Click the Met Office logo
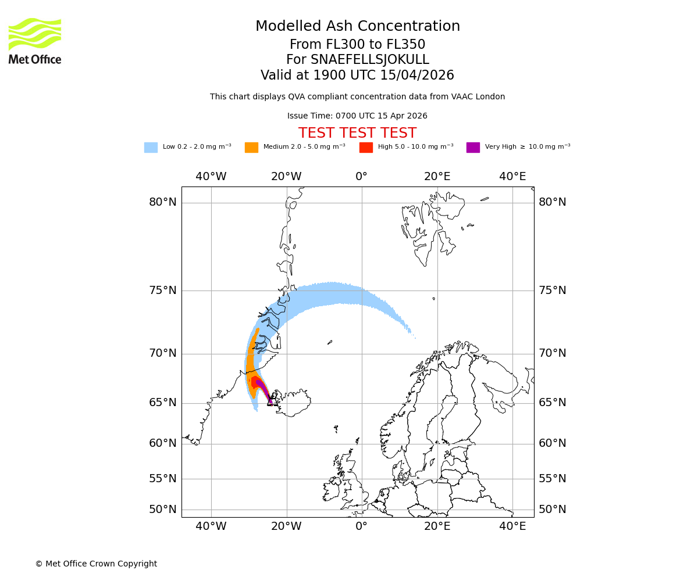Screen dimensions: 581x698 click(x=35, y=41)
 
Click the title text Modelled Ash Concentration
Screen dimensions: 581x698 click(x=357, y=27)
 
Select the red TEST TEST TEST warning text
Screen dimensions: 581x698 click(x=357, y=133)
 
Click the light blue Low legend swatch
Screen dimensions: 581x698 click(x=151, y=148)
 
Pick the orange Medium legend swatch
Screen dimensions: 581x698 click(x=251, y=148)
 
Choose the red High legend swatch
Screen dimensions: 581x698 click(x=366, y=148)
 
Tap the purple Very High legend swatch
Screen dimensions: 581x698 click(x=473, y=148)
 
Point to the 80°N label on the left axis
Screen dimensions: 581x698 click(x=163, y=202)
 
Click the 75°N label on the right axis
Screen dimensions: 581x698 click(x=552, y=290)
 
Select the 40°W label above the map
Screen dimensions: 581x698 click(x=211, y=177)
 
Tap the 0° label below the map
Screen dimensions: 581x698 click(x=361, y=526)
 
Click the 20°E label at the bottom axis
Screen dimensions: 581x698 click(x=437, y=526)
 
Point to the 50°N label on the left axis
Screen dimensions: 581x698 click(x=163, y=510)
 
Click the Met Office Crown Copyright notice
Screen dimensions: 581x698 click(x=96, y=564)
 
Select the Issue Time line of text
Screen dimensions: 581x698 click(x=357, y=116)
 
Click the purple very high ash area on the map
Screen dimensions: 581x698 click(x=261, y=385)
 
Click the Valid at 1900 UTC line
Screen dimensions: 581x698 click(x=357, y=76)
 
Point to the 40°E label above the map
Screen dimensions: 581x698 click(x=512, y=177)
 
